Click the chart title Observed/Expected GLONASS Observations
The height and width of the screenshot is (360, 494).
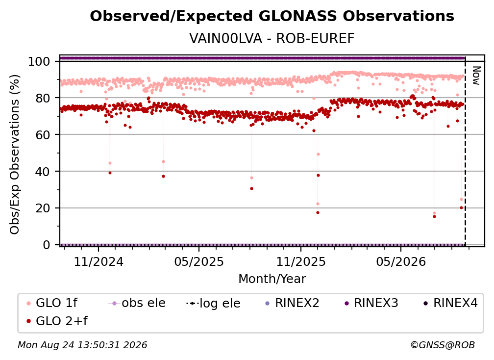[x=272, y=16]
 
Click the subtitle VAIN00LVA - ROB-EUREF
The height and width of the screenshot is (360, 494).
[x=272, y=38]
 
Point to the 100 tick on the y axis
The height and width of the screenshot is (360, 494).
[x=39, y=61]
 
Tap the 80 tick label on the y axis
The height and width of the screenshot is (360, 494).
[x=43, y=98]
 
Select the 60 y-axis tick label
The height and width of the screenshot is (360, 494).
[x=43, y=134]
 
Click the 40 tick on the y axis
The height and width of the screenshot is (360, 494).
[x=43, y=172]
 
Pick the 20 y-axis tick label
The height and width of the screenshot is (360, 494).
[x=43, y=208]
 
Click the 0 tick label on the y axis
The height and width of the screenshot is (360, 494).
[x=47, y=245]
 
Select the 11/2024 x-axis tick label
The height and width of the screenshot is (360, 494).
[x=99, y=261]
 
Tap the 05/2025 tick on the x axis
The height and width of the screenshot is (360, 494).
[x=199, y=261]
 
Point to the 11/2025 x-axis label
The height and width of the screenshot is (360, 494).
[x=301, y=261]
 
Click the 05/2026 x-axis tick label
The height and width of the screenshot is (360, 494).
[x=401, y=261]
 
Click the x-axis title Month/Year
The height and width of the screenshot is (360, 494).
[x=272, y=279]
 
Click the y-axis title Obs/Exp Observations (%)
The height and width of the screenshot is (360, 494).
[x=15, y=154]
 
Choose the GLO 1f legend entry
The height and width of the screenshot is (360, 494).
[x=52, y=303]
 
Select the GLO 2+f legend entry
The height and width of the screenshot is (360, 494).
[x=57, y=321]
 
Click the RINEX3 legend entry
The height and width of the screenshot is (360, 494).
[x=371, y=303]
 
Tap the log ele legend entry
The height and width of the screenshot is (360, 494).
[x=213, y=303]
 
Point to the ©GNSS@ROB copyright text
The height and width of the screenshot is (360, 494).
[x=443, y=345]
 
